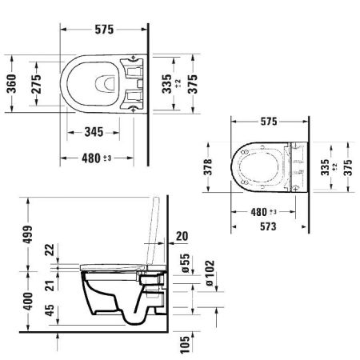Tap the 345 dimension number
click(x=89, y=130)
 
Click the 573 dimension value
click(x=268, y=227)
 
